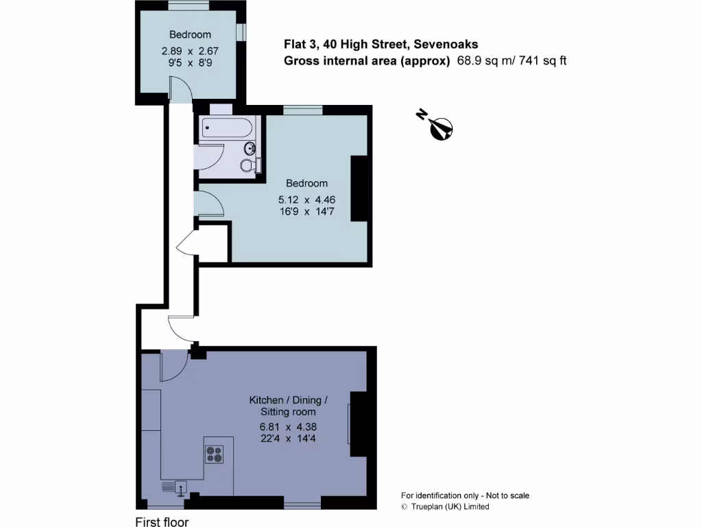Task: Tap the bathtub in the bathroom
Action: [227, 128]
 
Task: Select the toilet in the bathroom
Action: [248, 165]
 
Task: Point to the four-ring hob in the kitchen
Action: [215, 454]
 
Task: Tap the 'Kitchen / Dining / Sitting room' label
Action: [288, 406]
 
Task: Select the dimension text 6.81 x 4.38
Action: [288, 425]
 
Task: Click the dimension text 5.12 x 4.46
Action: [306, 199]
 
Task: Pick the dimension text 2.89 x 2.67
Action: [190, 50]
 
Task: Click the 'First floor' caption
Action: [162, 522]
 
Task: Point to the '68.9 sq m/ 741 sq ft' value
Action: [511, 60]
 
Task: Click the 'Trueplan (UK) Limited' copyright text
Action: [450, 506]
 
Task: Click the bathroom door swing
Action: [209, 156]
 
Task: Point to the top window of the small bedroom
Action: [189, 6]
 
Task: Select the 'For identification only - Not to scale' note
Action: [465, 495]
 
